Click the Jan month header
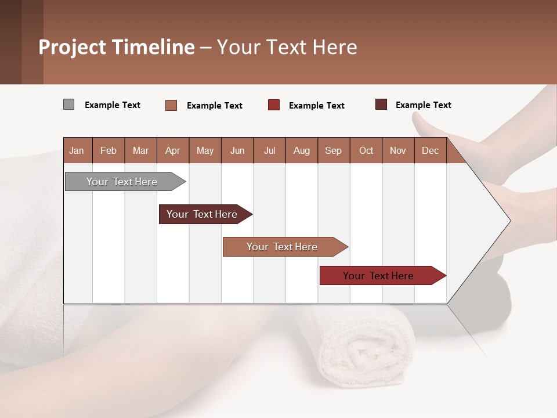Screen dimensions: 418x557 point(77,150)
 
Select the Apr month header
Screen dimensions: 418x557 point(172,150)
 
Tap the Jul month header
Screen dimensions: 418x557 point(269,150)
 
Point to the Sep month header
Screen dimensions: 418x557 point(333,150)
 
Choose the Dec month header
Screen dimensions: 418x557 point(430,150)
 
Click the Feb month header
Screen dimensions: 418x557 point(108,150)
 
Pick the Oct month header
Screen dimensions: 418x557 point(366,150)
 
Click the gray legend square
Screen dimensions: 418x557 point(68,105)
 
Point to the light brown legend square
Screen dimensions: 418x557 point(171,105)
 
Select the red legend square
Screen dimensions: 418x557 point(274,105)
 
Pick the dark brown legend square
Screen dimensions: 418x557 point(381,105)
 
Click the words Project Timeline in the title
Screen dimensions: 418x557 point(117,47)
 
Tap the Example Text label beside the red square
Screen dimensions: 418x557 point(316,106)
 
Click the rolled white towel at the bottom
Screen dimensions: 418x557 point(360,348)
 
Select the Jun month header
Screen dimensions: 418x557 point(237,150)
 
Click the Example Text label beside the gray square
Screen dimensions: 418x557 point(113,105)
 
